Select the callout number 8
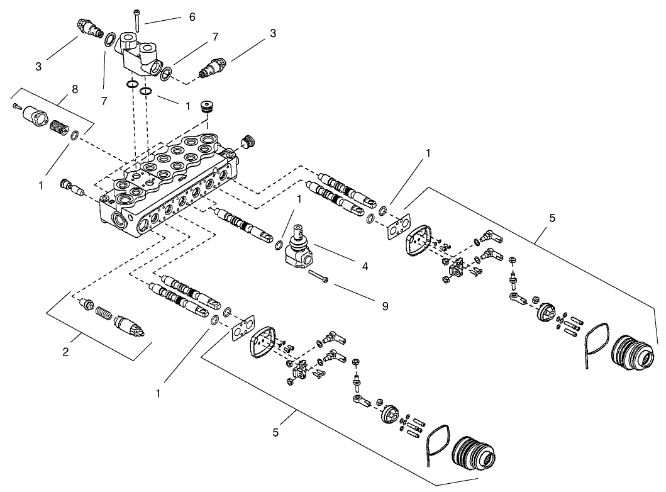[75, 90]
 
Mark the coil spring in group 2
[104, 313]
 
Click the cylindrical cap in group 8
[33, 117]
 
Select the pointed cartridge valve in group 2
[130, 325]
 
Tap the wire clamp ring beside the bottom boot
[437, 439]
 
